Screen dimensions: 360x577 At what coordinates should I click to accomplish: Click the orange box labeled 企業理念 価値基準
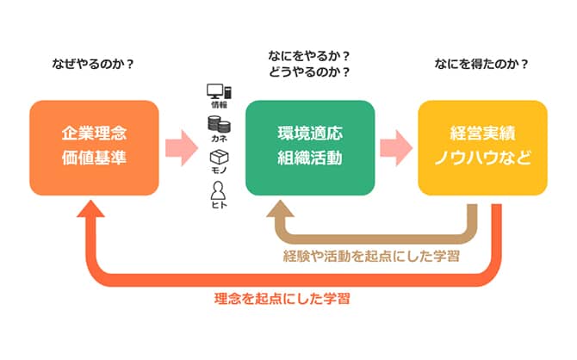coord(94,147)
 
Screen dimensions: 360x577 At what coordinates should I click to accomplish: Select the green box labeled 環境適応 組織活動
coord(310,147)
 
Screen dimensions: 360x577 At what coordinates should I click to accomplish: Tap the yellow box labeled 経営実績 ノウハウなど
coord(482,147)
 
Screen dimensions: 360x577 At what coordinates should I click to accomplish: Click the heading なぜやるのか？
coord(94,65)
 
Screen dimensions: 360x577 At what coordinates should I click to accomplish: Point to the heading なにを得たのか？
coord(482,65)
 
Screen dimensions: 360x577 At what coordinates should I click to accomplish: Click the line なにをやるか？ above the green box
coord(310,57)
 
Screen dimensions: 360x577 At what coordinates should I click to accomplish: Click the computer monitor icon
coord(220,91)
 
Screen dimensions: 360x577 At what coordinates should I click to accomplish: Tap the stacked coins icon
coord(219,125)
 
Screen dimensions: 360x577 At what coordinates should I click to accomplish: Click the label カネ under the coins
coord(219,140)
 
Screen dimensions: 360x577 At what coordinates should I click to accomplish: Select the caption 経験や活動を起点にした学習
coord(371,256)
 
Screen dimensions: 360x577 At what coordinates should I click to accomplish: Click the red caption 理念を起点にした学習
coord(283,300)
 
